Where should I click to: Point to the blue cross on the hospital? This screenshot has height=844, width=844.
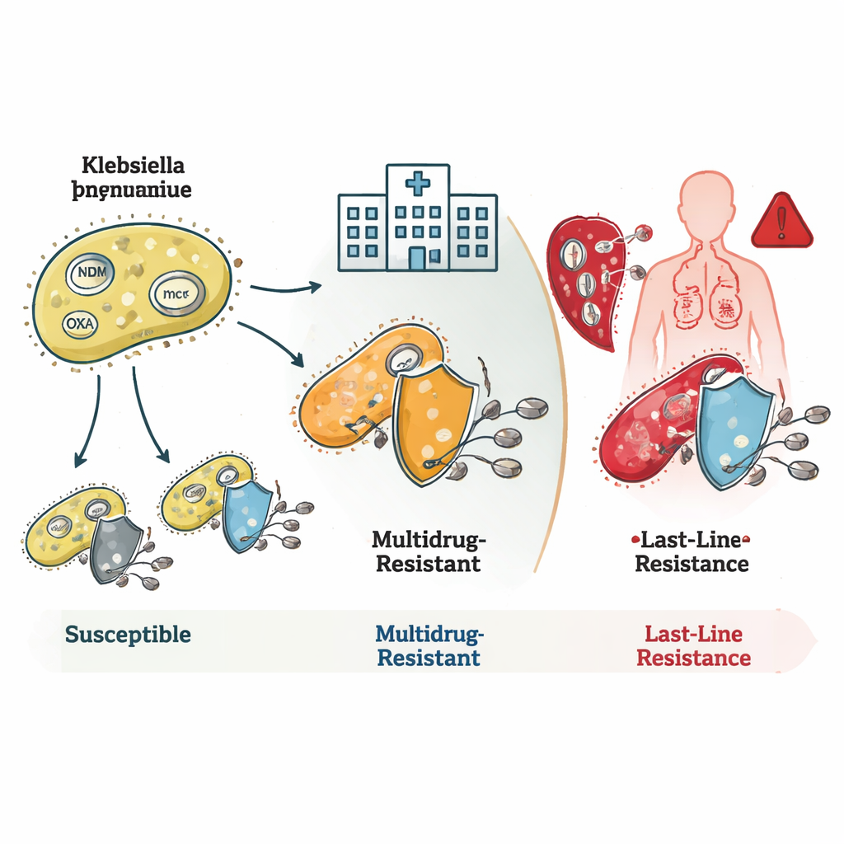tap(418, 182)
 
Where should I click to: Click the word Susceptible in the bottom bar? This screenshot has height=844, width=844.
tap(128, 635)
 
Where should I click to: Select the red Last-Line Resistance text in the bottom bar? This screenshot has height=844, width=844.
tap(693, 646)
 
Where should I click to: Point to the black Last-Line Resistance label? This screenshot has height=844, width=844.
tap(692, 552)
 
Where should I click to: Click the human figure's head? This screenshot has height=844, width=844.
tap(706, 198)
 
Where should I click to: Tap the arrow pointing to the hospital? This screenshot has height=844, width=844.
tap(284, 288)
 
